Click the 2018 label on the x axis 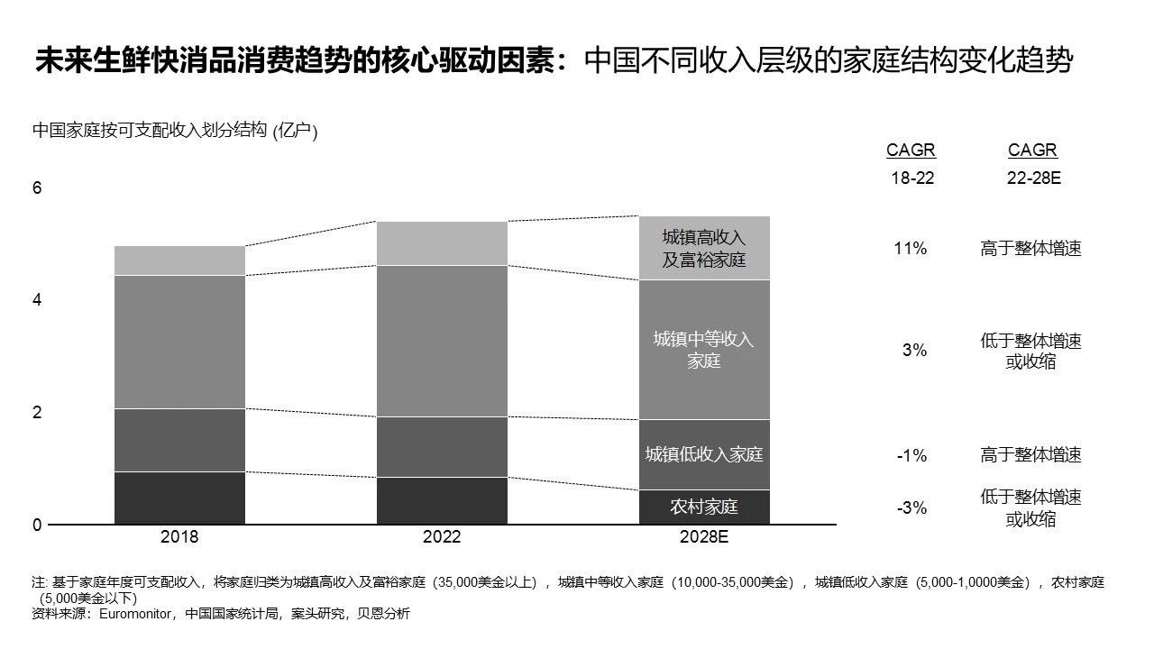point(179,537)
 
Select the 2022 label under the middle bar point(442,537)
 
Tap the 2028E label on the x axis point(704,537)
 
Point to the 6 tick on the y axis point(37,188)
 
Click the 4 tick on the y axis point(37,300)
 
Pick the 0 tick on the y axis point(37,526)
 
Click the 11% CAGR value point(911,249)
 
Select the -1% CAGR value point(911,455)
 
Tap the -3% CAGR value point(911,508)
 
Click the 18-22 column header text point(912,178)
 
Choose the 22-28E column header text point(1033,178)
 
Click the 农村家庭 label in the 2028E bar point(704,507)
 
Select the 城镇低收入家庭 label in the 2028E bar point(704,454)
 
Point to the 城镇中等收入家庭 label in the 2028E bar point(704,350)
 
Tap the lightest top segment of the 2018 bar point(179,261)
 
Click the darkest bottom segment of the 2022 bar point(442,500)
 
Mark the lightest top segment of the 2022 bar point(442,242)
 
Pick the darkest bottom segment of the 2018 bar point(179,498)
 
